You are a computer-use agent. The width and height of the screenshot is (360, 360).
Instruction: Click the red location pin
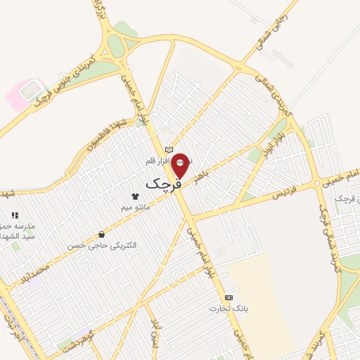coord(180,165)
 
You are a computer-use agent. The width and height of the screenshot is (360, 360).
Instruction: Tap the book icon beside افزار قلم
coord(168,150)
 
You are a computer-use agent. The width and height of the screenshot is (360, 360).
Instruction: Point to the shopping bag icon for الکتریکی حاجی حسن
coord(103,235)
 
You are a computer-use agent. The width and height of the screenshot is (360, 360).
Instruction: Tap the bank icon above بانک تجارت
coord(229,298)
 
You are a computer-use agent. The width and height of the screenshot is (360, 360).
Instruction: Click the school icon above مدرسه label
coord(14,216)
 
